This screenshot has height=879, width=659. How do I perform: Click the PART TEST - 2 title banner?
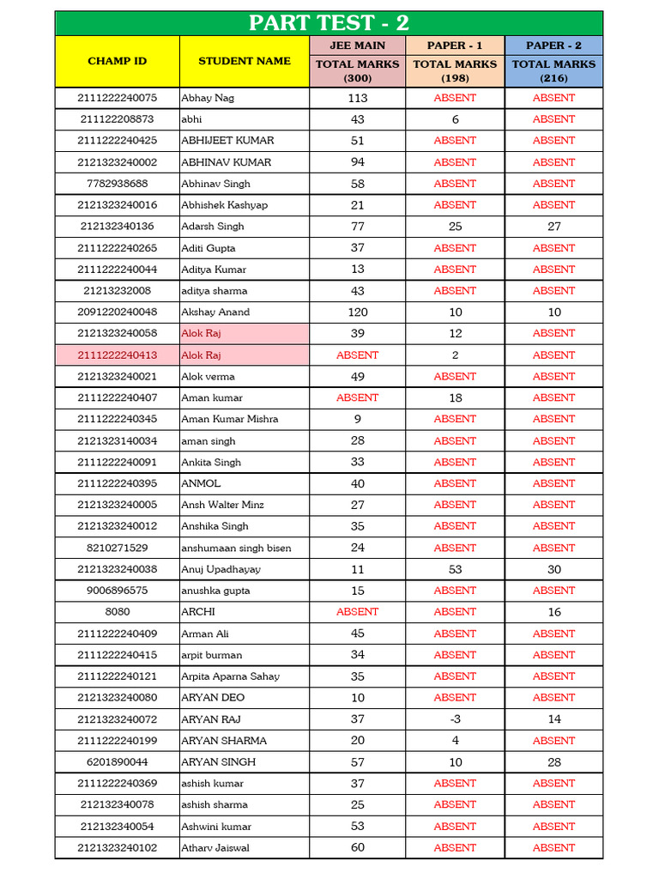pyautogui.click(x=329, y=23)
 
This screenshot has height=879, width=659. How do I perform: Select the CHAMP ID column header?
pyautogui.click(x=118, y=61)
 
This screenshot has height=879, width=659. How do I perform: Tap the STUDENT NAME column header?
pyautogui.click(x=245, y=61)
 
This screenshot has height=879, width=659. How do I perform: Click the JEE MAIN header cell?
pyautogui.click(x=357, y=45)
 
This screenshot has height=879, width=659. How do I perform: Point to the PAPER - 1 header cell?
pyautogui.click(x=455, y=45)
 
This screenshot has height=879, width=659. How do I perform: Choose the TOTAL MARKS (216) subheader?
pyautogui.click(x=553, y=70)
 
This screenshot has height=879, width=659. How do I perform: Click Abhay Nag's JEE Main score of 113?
pyautogui.click(x=357, y=98)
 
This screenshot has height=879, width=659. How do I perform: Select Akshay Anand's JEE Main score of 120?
pyautogui.click(x=357, y=312)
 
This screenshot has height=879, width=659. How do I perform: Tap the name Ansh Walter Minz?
pyautogui.click(x=222, y=505)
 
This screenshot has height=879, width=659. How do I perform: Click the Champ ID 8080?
pyautogui.click(x=118, y=612)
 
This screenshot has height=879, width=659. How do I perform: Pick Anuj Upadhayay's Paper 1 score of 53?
pyautogui.click(x=455, y=569)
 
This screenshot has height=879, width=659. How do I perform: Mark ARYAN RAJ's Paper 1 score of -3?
pyautogui.click(x=455, y=719)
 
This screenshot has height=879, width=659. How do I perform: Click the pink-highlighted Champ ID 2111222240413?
pyautogui.click(x=118, y=355)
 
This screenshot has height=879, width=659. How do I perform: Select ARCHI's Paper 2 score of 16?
pyautogui.click(x=553, y=612)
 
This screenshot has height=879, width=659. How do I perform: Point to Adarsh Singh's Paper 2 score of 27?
pyautogui.click(x=553, y=227)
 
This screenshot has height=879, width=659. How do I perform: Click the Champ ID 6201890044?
pyautogui.click(x=118, y=762)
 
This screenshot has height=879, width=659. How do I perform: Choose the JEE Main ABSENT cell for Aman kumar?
pyautogui.click(x=357, y=397)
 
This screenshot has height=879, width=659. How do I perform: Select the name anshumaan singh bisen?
pyautogui.click(x=236, y=548)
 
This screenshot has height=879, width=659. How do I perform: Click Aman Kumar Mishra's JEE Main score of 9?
pyautogui.click(x=357, y=419)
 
